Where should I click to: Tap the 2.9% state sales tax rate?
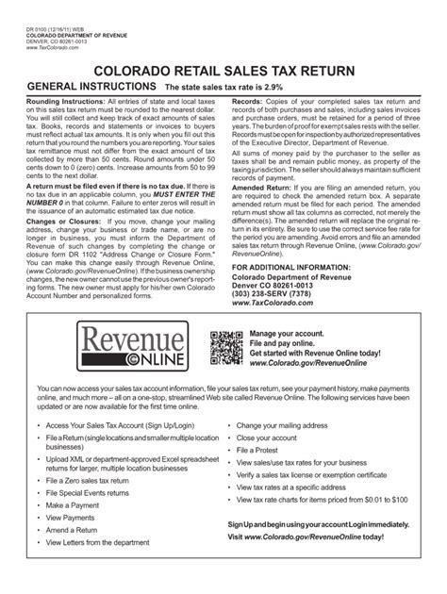[322, 87]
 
